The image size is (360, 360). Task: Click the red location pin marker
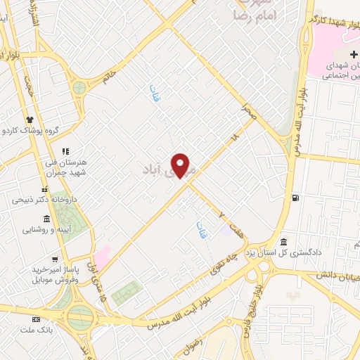[x=181, y=165]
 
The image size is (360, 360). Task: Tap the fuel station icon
[x=294, y=197]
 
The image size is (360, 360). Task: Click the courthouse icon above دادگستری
[x=283, y=240]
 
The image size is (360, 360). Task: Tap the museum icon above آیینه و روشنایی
[x=47, y=219]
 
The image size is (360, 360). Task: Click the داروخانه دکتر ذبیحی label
[x=40, y=200]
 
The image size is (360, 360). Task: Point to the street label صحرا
[x=247, y=108]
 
